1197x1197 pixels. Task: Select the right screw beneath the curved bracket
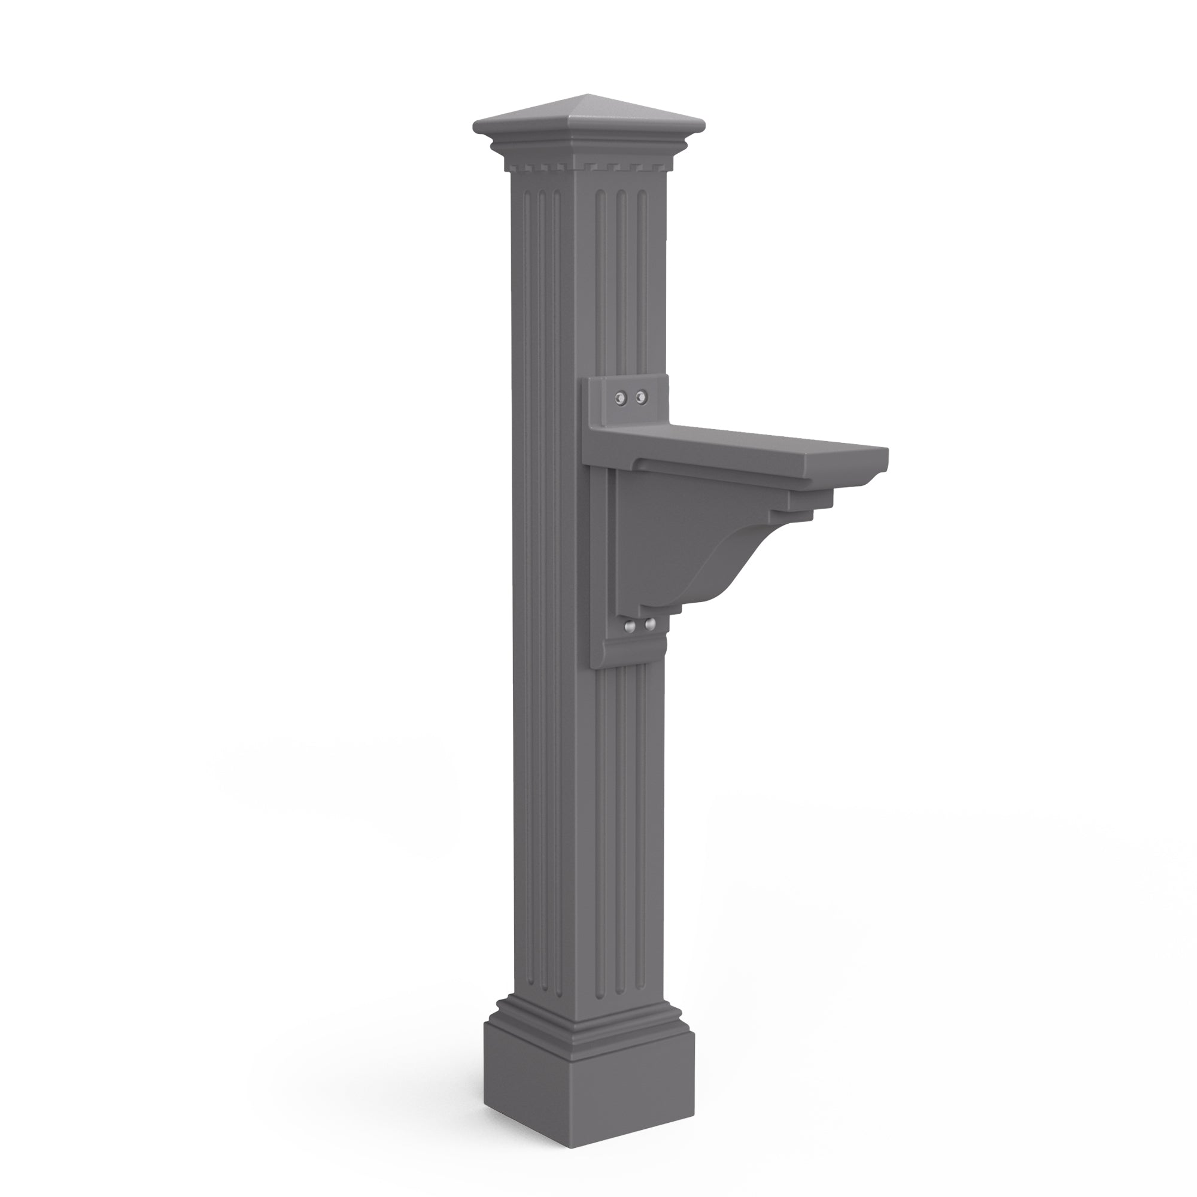650,624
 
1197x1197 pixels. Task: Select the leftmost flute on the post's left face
525,496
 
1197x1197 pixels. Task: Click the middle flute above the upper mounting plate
621,279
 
